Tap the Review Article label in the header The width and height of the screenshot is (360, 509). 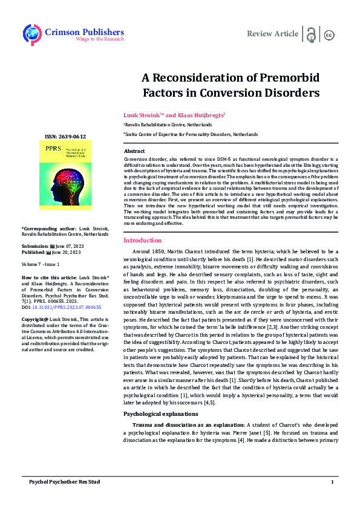272,33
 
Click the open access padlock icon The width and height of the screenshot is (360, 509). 311,34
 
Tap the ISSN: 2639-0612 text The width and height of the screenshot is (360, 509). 66,137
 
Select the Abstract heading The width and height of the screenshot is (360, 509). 134,151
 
